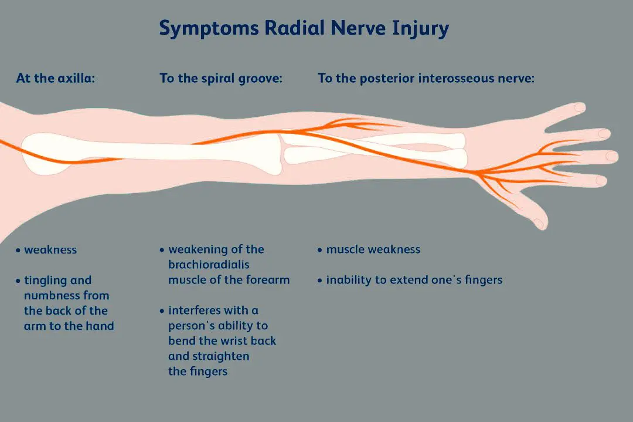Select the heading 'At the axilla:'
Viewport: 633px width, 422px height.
(x=55, y=78)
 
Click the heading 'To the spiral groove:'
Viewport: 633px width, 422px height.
(x=221, y=78)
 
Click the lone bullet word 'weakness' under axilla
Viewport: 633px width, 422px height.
(x=50, y=249)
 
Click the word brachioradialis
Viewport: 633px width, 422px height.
(x=209, y=265)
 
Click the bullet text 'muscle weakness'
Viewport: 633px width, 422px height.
(x=373, y=249)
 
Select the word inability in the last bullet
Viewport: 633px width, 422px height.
(x=349, y=280)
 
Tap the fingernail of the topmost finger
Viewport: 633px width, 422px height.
(x=580, y=107)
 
